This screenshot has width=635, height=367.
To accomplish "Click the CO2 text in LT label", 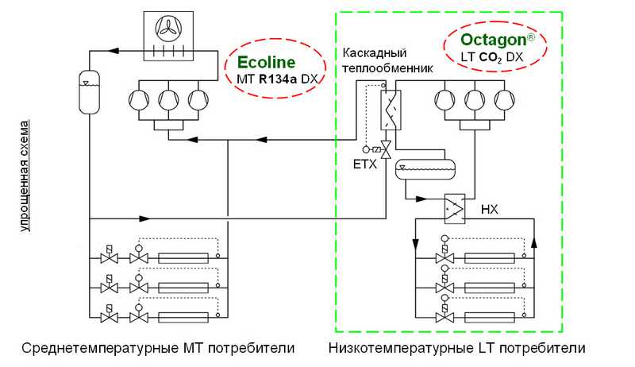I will (495, 58).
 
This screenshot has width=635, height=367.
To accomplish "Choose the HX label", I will (490, 210).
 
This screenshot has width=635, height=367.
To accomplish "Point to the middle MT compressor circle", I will (168, 101).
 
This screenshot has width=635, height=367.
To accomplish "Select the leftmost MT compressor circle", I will (140, 101).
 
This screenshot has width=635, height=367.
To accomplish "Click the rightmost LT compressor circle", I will (503, 101).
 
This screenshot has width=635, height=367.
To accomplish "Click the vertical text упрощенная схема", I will (26, 175).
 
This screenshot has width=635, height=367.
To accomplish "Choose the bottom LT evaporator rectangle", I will (492, 317).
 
